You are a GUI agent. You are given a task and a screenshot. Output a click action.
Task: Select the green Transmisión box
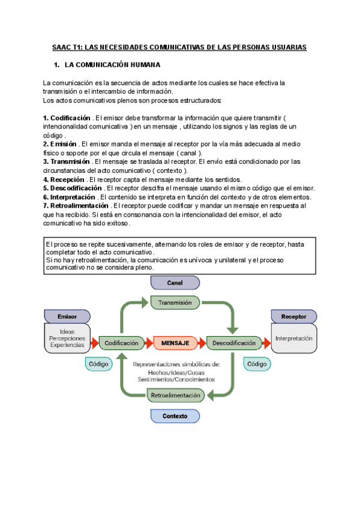pyautogui.click(x=175, y=303)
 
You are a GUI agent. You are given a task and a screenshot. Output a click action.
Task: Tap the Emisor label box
pyautogui.click(x=67, y=316)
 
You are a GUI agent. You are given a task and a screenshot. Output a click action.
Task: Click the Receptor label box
pyautogui.click(x=293, y=316)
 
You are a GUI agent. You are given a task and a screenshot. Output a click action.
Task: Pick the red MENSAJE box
pyautogui.click(x=175, y=343)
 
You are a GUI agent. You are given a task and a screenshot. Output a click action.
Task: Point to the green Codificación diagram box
pyautogui.click(x=121, y=343)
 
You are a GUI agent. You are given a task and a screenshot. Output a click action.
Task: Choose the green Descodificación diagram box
pyautogui.click(x=231, y=343)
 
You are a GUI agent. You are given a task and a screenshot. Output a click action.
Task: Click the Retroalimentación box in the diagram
pyautogui.click(x=175, y=395)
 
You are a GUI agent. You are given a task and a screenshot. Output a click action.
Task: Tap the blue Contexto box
pyautogui.click(x=175, y=415)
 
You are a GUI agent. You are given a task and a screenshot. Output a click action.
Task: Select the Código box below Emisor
pyautogui.click(x=98, y=364)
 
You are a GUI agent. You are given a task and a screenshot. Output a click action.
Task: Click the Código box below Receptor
pyautogui.click(x=257, y=364)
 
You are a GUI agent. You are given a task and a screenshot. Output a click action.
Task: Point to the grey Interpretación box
pyautogui.click(x=294, y=339)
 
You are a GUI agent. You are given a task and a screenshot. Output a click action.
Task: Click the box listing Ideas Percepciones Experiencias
pyautogui.click(x=67, y=339)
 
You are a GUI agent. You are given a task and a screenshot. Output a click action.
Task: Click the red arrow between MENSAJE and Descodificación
pyautogui.click(x=202, y=343)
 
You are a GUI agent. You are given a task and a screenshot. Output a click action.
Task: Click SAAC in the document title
pyautogui.click(x=62, y=46)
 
